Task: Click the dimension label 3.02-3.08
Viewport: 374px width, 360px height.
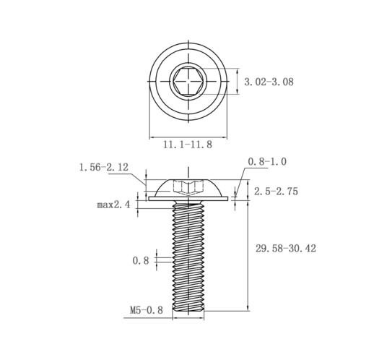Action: tap(269, 82)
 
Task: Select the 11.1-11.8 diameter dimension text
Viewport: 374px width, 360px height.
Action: tap(188, 145)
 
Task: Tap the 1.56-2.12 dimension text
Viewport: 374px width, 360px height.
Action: tap(104, 167)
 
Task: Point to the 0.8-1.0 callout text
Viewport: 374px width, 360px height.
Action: tap(267, 161)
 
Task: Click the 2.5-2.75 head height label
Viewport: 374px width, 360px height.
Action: tap(276, 192)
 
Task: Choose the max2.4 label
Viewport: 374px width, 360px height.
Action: tap(113, 205)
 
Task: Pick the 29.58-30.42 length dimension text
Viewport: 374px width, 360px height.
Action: tap(286, 248)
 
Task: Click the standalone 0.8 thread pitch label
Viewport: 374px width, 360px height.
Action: tap(141, 260)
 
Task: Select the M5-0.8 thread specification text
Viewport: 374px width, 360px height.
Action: tap(147, 310)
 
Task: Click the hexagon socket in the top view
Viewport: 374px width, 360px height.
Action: tap(188, 81)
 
